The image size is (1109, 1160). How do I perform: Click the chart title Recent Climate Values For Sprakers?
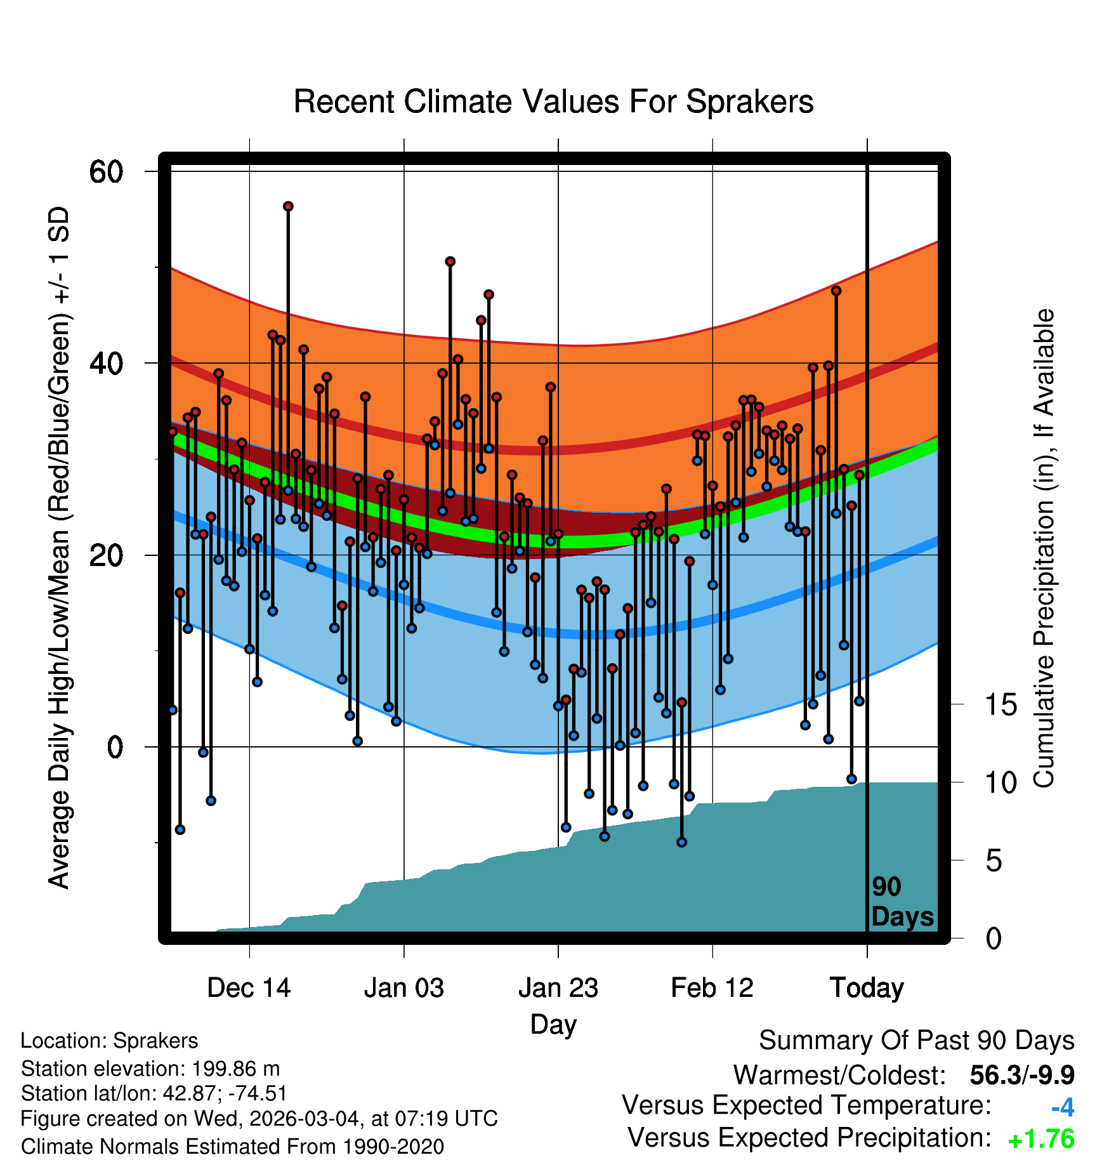[553, 102]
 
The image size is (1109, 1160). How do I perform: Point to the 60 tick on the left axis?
[106, 171]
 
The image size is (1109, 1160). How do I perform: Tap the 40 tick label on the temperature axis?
[106, 364]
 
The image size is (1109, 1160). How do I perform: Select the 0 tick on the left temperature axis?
[115, 747]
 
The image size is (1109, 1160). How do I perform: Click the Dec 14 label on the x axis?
[249, 988]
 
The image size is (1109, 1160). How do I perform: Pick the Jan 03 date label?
[404, 988]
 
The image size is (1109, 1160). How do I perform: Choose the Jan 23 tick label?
[558, 988]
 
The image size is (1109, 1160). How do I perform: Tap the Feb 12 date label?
[712, 988]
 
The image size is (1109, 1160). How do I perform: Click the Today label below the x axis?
[867, 988]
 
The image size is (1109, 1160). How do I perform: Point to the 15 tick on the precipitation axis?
[1001, 704]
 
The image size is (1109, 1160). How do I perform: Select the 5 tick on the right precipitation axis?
[994, 861]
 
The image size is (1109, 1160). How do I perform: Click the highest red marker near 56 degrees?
[288, 206]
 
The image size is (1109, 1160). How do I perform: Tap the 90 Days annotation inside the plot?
[902, 902]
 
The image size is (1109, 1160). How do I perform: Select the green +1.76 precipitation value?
[1041, 1140]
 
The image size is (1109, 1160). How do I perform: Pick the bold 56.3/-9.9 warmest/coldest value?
[1021, 1076]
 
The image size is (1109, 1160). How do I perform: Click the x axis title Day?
[553, 1024]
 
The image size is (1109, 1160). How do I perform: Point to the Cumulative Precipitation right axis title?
[1044, 548]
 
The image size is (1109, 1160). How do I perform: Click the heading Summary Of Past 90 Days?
[916, 1041]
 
